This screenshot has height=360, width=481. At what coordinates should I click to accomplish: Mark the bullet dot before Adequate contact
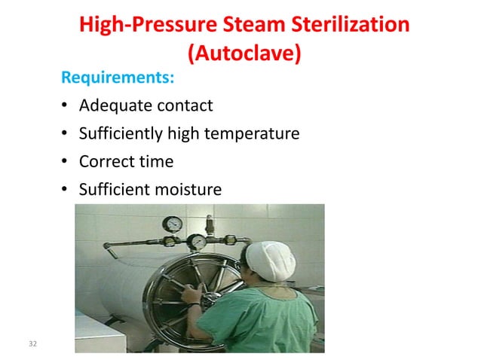pos(65,106)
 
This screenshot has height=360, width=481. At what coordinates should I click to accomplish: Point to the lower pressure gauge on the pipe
pos(195,242)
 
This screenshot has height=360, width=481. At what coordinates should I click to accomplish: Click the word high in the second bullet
pos(182,134)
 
